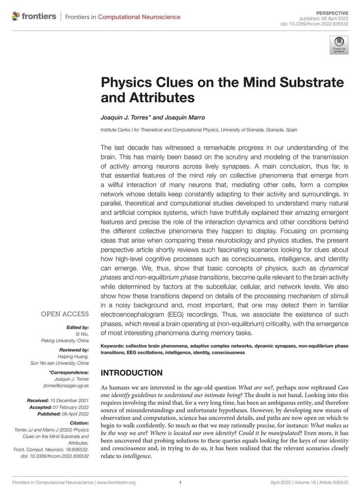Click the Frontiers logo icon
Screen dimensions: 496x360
coord(16,16)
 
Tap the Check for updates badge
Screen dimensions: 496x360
coord(339,45)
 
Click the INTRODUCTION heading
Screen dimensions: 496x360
coord(131,373)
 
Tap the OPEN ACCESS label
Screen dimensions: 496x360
coord(65,314)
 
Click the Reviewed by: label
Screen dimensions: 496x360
coord(74,350)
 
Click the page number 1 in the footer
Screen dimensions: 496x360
coord(180,483)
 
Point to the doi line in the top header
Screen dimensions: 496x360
coord(314,24)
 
